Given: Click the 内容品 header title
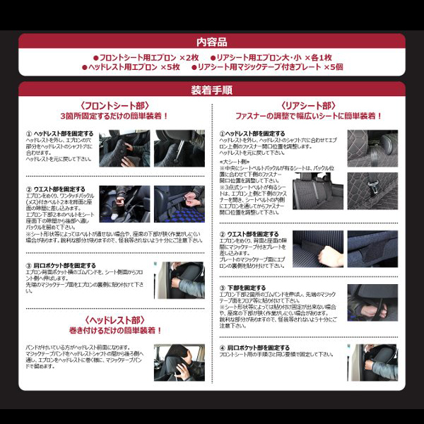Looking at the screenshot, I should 212,42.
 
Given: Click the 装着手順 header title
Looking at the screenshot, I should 212,90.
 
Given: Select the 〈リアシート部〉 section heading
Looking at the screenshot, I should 310,105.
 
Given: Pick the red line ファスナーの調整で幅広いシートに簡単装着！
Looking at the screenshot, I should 310,115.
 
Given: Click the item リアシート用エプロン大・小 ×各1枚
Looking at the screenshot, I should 275,57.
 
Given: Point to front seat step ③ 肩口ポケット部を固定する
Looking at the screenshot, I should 60,266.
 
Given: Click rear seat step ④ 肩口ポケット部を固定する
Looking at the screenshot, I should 254,348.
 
